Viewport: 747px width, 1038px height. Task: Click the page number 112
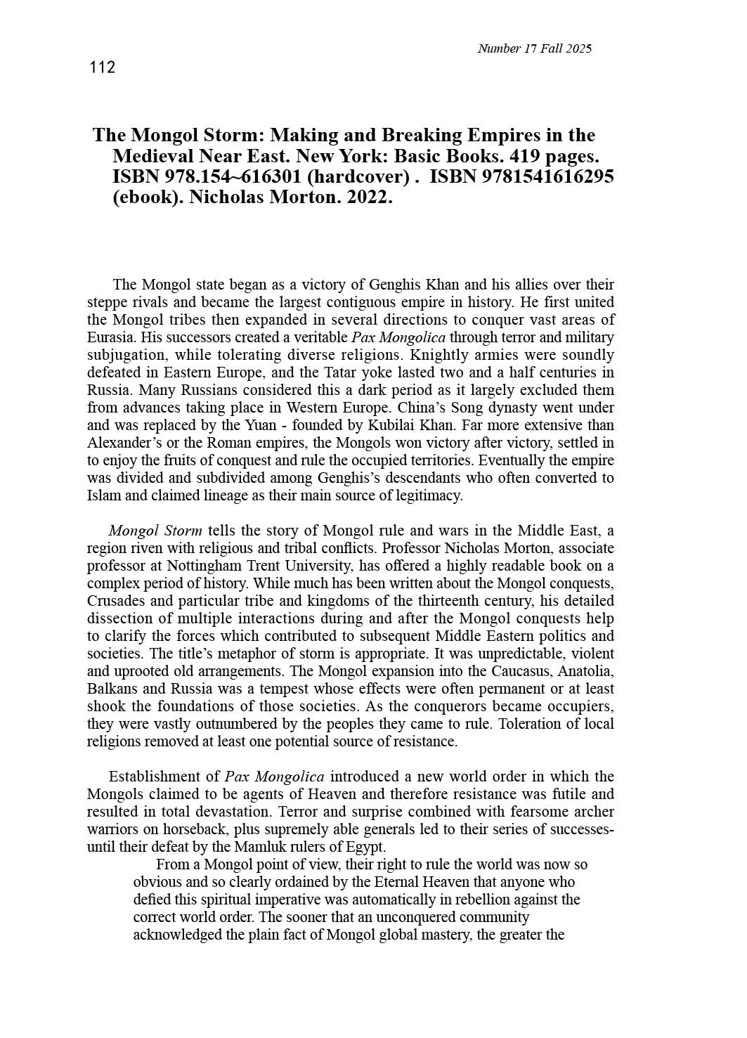point(102,67)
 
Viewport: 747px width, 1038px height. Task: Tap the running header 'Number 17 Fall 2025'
point(534,48)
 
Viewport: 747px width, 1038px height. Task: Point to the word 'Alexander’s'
point(122,443)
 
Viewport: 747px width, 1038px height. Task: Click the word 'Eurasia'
point(108,337)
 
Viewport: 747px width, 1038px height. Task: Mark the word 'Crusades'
point(115,601)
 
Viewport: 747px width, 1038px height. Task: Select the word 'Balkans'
point(110,689)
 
